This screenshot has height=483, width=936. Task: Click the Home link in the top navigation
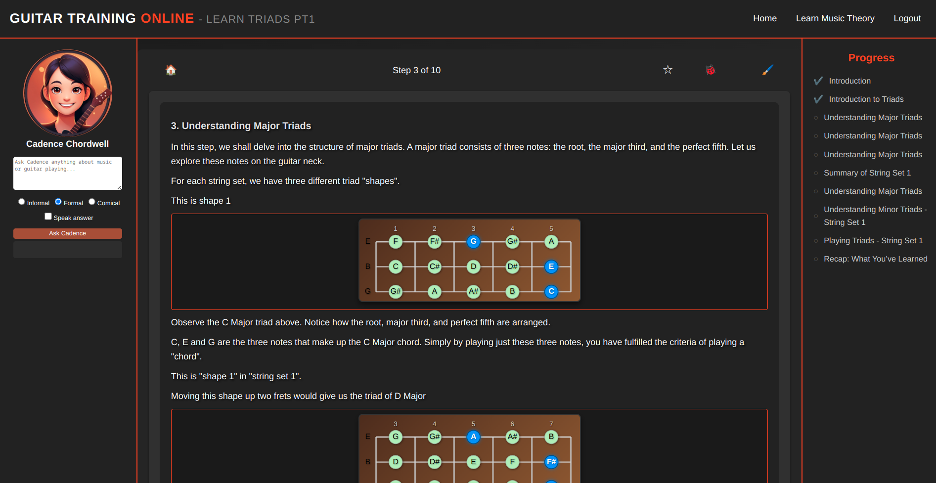pyautogui.click(x=764, y=18)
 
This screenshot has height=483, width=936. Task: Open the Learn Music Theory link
pyautogui.click(x=835, y=18)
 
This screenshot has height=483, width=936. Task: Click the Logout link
pyautogui.click(x=907, y=18)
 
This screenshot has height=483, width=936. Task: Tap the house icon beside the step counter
pyautogui.click(x=171, y=70)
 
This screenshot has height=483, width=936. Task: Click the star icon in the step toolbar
pyautogui.click(x=668, y=70)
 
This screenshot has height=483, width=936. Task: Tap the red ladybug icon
pyautogui.click(x=711, y=70)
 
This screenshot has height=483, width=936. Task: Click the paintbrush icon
pyautogui.click(x=767, y=70)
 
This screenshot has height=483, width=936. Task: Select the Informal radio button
pyautogui.click(x=22, y=202)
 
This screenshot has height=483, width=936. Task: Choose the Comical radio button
pyautogui.click(x=92, y=202)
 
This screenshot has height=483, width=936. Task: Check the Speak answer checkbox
pyautogui.click(x=48, y=217)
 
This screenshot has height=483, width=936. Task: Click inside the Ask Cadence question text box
pyautogui.click(x=68, y=173)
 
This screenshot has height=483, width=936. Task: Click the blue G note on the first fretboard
pyautogui.click(x=473, y=241)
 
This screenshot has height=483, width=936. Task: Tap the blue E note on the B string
pyautogui.click(x=551, y=266)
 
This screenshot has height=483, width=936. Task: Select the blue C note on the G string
pyautogui.click(x=551, y=291)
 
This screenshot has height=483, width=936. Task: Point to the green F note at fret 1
pyautogui.click(x=396, y=241)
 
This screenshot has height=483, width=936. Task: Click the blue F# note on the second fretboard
pyautogui.click(x=551, y=462)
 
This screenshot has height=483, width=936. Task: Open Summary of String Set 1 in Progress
pyautogui.click(x=867, y=173)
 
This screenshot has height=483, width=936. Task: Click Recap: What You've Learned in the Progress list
pyautogui.click(x=876, y=259)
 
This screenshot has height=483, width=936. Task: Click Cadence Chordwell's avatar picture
pyautogui.click(x=68, y=93)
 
